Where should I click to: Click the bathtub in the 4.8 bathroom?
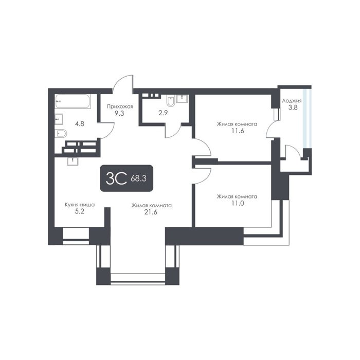click(73, 101)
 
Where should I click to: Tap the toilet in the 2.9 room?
click(171, 101)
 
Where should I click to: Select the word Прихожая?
click(120, 106)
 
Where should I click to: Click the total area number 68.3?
click(138, 178)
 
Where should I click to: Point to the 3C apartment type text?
click(116, 178)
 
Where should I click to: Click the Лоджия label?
click(292, 101)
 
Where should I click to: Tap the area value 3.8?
click(293, 107)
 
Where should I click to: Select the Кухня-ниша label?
click(80, 205)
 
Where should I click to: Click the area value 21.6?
click(151, 212)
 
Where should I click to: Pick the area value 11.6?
click(238, 131)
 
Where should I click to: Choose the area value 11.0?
click(238, 203)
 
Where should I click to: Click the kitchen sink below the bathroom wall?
click(73, 161)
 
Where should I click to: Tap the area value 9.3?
click(119, 113)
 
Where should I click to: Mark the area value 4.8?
click(80, 124)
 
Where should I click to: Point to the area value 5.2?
click(80, 211)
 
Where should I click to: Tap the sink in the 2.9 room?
click(182, 99)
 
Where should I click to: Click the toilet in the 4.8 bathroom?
click(61, 133)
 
